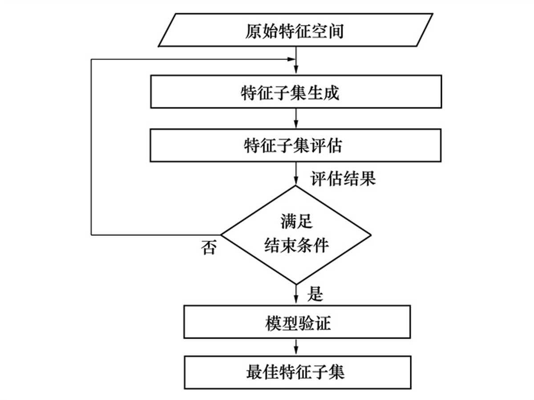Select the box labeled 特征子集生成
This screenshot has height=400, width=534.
pyautogui.click(x=296, y=92)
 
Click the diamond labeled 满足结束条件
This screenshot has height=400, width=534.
pyautogui.click(x=296, y=234)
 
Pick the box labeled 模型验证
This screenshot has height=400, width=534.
pyautogui.click(x=297, y=322)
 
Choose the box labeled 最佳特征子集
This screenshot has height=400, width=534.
pyautogui.click(x=297, y=372)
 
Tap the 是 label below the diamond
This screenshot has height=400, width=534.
pyautogui.click(x=315, y=294)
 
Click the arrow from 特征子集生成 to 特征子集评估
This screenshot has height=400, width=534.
pyautogui.click(x=296, y=118)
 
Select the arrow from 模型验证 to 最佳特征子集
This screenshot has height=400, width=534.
pyautogui.click(x=296, y=347)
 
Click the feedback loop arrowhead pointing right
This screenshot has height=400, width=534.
pyautogui.click(x=291, y=60)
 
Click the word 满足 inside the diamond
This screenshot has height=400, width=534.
pyautogui.click(x=296, y=221)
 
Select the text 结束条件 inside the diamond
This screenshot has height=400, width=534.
pyautogui.click(x=296, y=245)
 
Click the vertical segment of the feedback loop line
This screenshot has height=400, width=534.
pyautogui.click(x=91, y=147)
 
